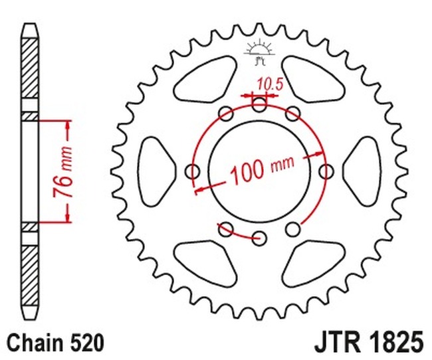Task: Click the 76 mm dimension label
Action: coord(63,171)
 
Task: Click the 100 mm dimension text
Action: coord(262,169)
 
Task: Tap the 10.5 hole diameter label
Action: coord(270,84)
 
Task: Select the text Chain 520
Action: coord(55,343)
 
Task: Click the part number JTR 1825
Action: coord(369,343)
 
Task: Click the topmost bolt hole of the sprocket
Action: coord(259,104)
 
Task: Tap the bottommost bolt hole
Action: coord(259,238)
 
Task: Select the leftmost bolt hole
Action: coord(193,171)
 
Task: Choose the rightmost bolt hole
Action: coord(326,171)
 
